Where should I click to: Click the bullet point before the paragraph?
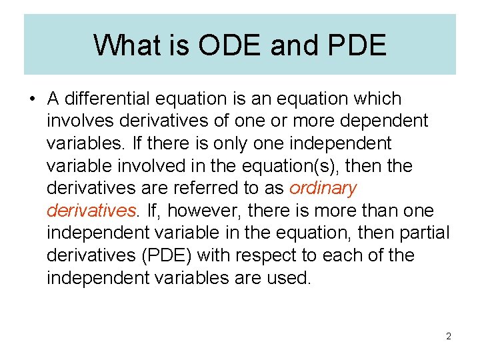(x=31, y=99)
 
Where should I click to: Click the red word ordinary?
(x=323, y=189)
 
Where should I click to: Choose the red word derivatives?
(x=91, y=211)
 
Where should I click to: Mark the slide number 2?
(x=449, y=336)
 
